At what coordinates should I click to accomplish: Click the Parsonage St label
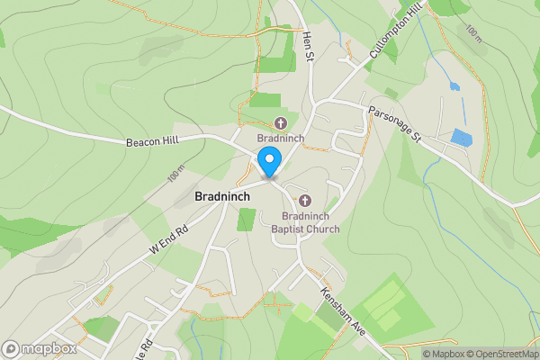[x=393, y=123]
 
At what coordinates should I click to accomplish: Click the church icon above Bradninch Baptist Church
[x=305, y=200]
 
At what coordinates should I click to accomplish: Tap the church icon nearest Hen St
[x=280, y=123]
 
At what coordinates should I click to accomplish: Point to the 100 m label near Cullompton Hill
[x=472, y=33]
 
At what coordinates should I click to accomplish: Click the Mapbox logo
[x=38, y=348]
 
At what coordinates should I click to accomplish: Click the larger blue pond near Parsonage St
[x=461, y=138]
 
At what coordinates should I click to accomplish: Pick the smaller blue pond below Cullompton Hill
[x=454, y=87]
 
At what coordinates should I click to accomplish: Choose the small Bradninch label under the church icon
[x=280, y=139]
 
